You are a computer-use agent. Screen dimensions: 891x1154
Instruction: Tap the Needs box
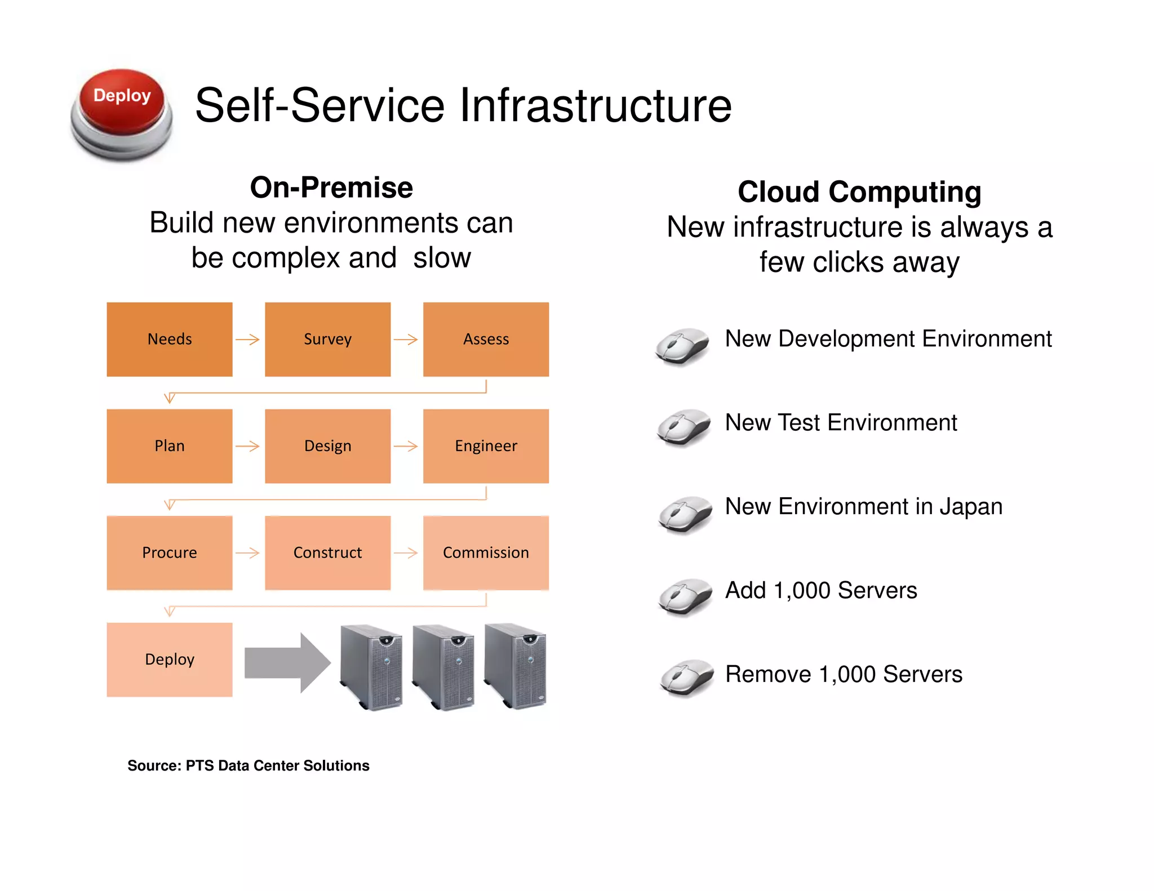coord(170,339)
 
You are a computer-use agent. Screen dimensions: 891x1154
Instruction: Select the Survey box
coord(327,339)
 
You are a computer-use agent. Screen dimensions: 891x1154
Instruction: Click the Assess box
coord(486,339)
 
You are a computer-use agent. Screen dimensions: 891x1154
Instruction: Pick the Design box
coord(327,446)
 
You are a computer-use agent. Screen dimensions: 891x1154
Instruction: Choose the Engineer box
coord(486,446)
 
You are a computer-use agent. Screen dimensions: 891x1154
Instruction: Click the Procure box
coord(170,553)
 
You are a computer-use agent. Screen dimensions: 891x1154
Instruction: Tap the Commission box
coord(486,553)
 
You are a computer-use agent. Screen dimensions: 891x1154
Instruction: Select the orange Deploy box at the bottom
coord(170,660)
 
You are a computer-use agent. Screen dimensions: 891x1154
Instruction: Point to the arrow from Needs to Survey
coord(248,340)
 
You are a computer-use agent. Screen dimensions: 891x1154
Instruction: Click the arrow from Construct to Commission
coord(406,553)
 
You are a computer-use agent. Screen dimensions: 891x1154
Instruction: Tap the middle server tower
coord(443,667)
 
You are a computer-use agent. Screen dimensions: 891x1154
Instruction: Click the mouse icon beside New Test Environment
coord(684,427)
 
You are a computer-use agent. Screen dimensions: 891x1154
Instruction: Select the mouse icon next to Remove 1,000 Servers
coord(686,678)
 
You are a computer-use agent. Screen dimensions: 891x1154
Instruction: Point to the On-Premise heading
coord(331,188)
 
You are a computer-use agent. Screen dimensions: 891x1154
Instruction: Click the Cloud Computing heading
coord(859,192)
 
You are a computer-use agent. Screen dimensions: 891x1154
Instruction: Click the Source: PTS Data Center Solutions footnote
coord(248,765)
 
